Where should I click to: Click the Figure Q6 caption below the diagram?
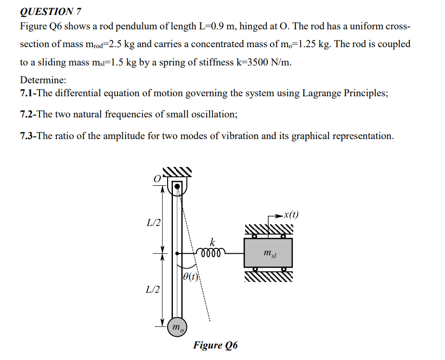[x=215, y=345]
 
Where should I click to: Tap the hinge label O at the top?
[x=157, y=178]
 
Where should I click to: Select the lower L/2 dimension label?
[x=154, y=289]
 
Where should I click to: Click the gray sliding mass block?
[x=268, y=253]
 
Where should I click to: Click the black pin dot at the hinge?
[x=177, y=186]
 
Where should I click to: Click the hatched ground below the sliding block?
[x=268, y=277]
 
